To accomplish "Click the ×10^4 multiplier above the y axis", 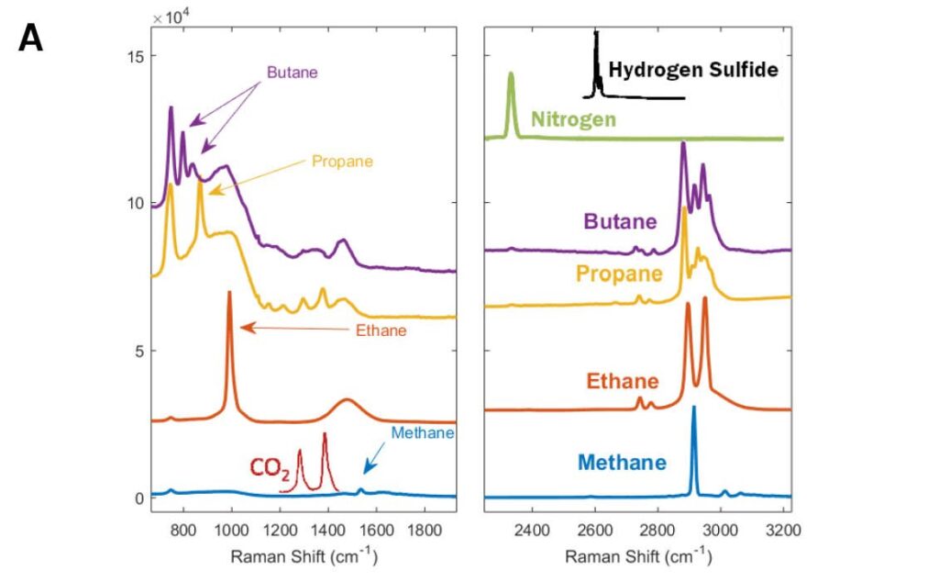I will click(169, 16).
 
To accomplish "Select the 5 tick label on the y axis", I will click(135, 351).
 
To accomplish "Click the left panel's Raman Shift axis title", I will click(303, 556).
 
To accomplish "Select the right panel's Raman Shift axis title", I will click(637, 556).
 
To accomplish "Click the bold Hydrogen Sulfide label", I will click(693, 70).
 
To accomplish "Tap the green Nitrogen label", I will click(573, 119).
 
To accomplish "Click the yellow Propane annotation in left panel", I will click(342, 161).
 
